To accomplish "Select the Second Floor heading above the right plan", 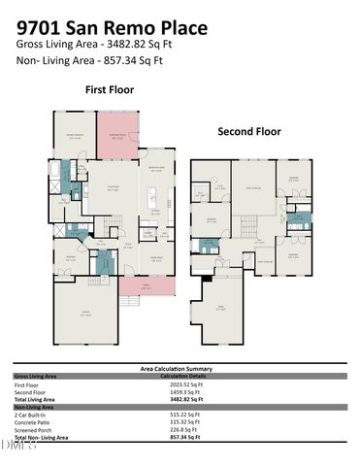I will click(249, 131).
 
